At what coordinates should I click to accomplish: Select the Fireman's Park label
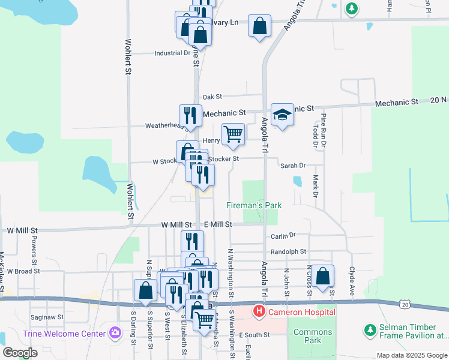click(254, 205)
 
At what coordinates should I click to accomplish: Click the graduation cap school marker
click(282, 114)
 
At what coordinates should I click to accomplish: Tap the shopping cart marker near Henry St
click(233, 134)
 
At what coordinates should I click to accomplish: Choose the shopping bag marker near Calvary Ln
click(259, 26)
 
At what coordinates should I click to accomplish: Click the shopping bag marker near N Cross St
click(323, 276)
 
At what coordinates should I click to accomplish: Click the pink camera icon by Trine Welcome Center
click(115, 333)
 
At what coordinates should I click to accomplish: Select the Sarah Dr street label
click(293, 165)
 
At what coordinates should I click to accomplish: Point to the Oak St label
click(212, 96)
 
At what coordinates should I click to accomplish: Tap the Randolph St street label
click(288, 252)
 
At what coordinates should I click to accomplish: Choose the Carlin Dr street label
click(284, 236)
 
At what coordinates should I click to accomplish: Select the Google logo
click(20, 353)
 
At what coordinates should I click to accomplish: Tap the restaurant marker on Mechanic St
click(191, 114)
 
